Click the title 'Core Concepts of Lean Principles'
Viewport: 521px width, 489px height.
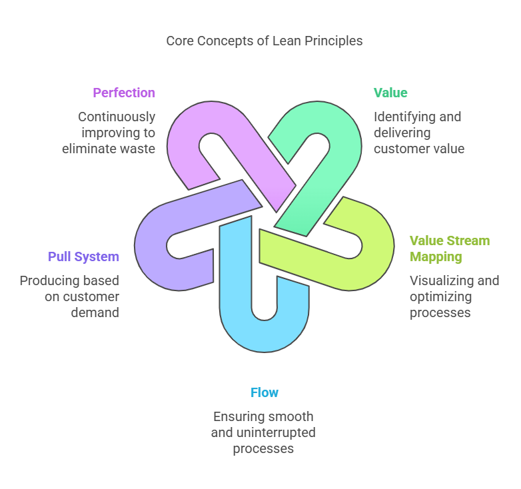264,41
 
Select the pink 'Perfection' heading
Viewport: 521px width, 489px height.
124,93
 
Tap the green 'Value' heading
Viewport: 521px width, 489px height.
390,93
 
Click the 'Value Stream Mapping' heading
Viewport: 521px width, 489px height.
449,248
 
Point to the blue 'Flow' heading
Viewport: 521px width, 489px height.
264,392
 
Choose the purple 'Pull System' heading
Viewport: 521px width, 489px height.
83,256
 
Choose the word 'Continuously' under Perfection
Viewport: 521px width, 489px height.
117,117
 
